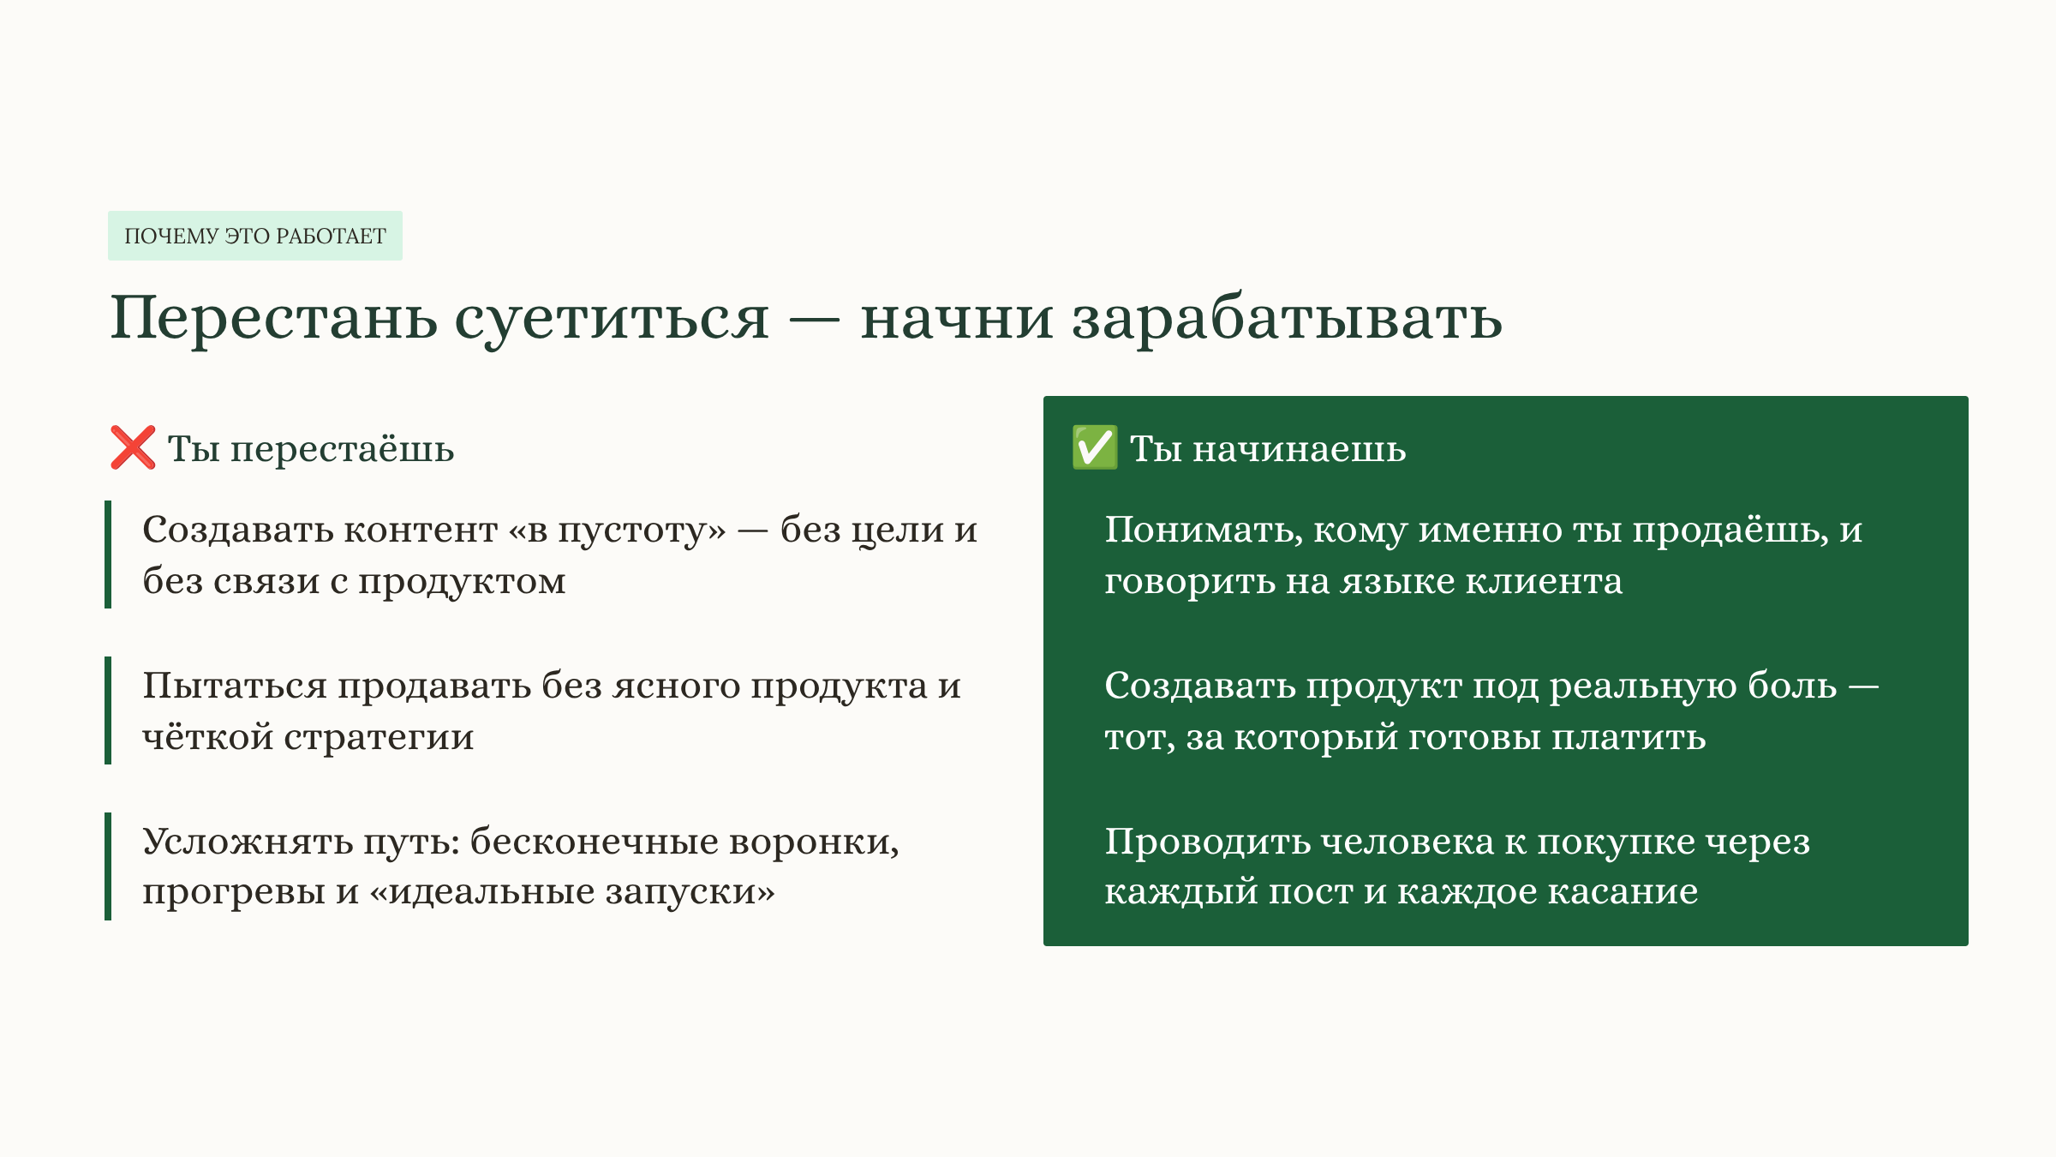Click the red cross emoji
[x=133, y=447]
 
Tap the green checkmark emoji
[x=1094, y=447]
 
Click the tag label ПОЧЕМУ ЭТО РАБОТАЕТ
[x=255, y=236]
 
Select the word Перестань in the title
[x=273, y=318]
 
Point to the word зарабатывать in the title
[x=1287, y=318]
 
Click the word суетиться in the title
[x=611, y=318]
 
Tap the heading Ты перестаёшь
[x=310, y=448]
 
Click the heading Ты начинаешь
[x=1268, y=448]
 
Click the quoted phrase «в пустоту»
[x=617, y=530]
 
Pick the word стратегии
[x=379, y=737]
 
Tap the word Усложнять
[x=248, y=842]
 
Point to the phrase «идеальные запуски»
[x=572, y=892]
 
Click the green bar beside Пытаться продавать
[x=108, y=710]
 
